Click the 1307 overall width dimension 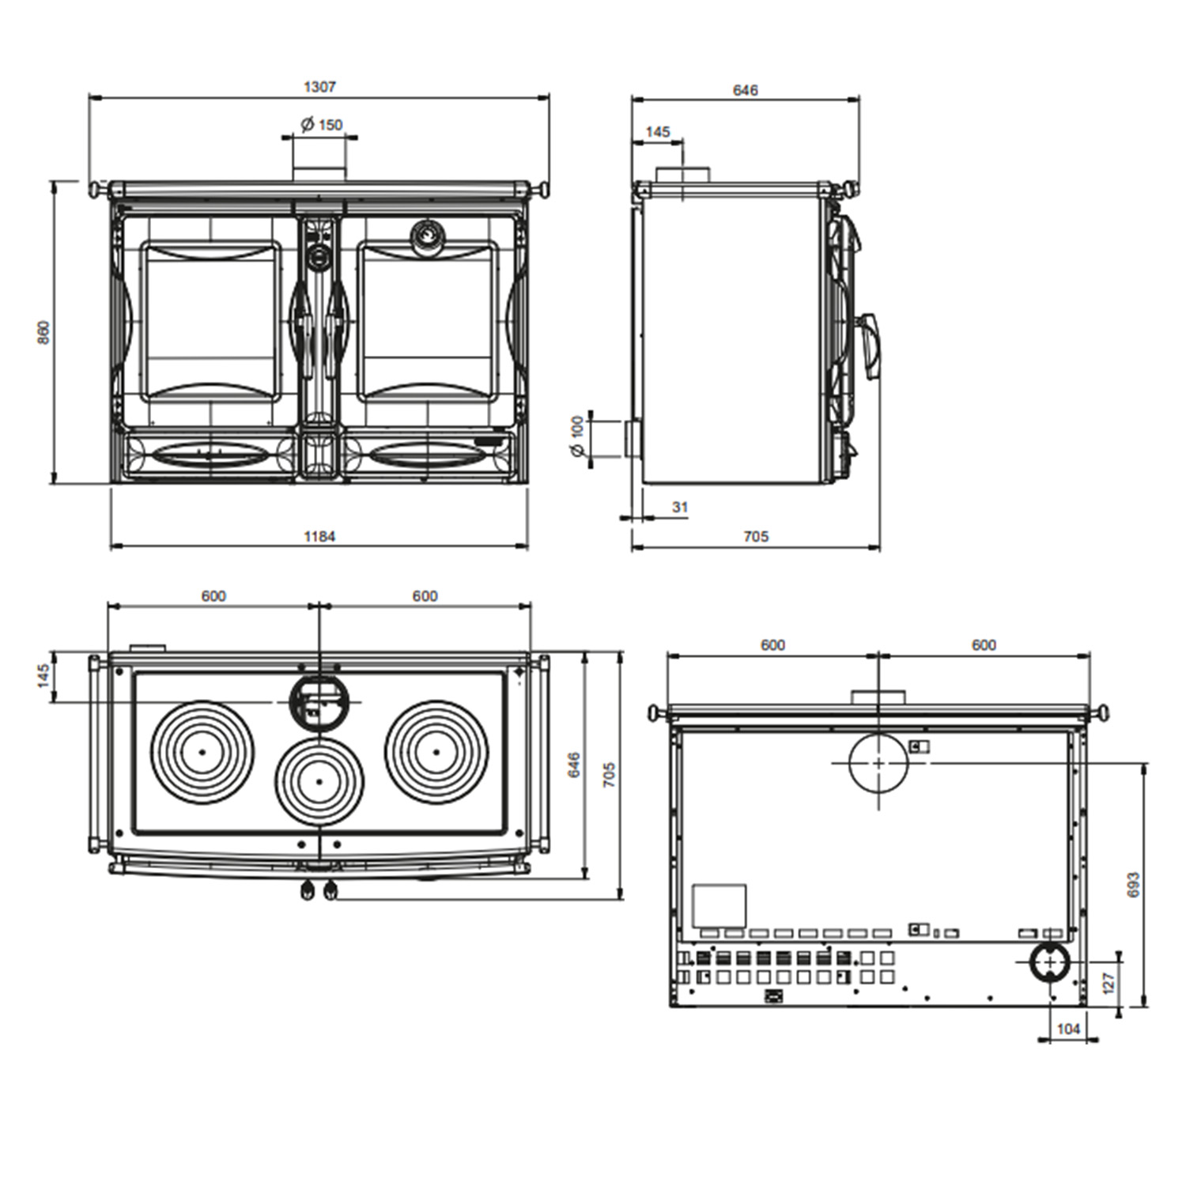319,87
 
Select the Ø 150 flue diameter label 322,124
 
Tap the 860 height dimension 43,331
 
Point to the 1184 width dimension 319,536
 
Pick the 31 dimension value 680,507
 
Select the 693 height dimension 1132,884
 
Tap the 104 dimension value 1067,1029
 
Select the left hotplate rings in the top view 202,751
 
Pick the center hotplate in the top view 319,780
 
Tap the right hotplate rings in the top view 436,751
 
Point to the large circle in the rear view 878,763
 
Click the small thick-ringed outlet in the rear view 1049,962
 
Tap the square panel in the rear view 719,905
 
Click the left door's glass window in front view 210,320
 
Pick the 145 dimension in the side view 657,132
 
